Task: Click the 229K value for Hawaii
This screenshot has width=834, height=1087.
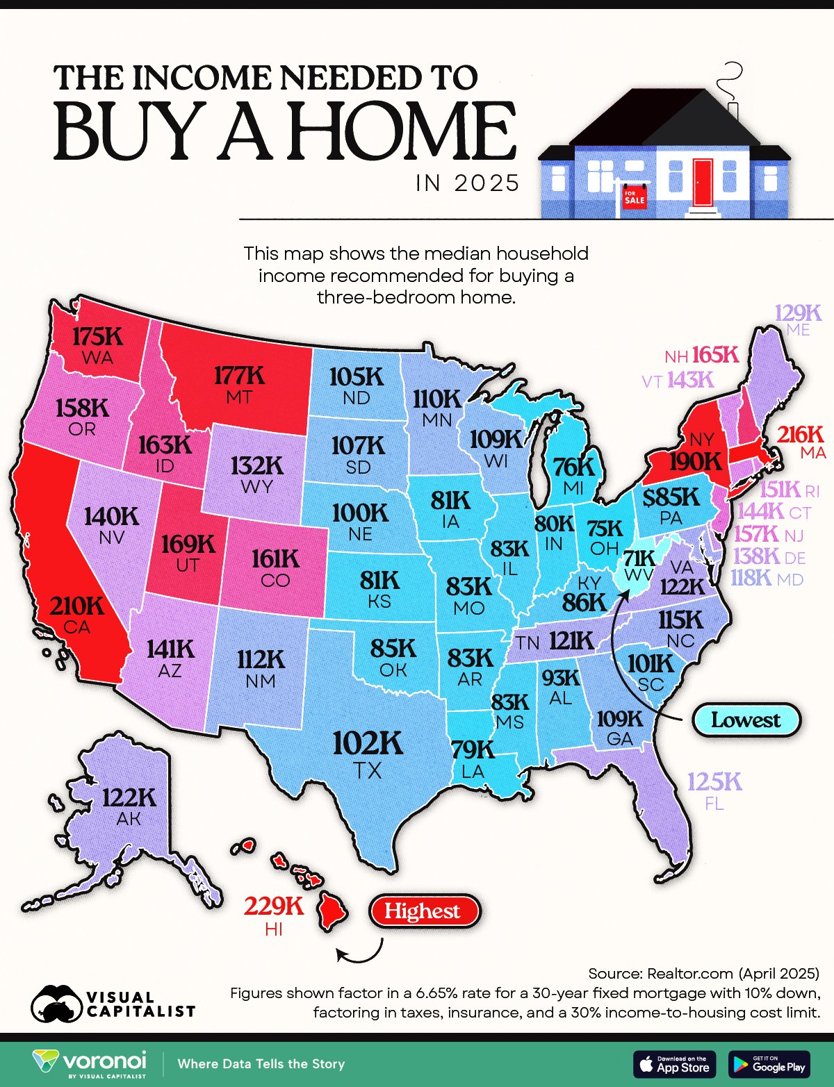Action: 274,906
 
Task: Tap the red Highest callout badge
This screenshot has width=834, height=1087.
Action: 424,911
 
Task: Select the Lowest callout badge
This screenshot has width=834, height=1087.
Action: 746,720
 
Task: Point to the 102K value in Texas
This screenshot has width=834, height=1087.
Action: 368,743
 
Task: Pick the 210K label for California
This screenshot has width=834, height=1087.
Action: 76,606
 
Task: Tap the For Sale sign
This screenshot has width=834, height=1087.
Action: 634,197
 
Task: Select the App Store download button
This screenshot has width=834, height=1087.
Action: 674,1064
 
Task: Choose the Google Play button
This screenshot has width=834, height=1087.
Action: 769,1064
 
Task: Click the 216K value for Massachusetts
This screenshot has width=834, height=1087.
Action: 800,435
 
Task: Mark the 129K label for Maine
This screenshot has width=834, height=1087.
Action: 798,313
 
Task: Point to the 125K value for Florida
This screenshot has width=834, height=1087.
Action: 714,783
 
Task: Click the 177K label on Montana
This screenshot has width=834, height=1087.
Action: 239,376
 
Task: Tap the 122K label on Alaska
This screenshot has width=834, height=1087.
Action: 129,797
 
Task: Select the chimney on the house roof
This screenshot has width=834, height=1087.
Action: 733,111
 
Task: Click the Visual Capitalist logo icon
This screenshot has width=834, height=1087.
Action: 55,1004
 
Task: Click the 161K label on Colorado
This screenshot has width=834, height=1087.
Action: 275,558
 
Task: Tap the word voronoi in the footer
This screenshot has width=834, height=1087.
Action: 104,1061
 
